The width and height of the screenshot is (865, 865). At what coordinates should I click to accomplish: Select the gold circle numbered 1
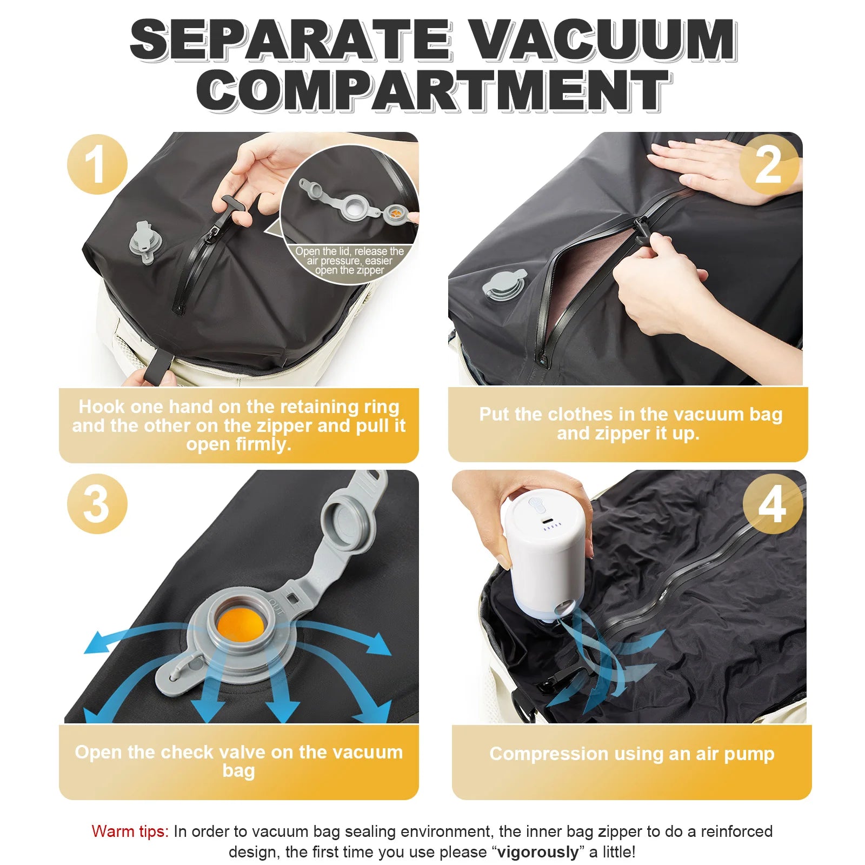point(97,164)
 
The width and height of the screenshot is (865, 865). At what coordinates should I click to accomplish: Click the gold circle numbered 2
point(768,164)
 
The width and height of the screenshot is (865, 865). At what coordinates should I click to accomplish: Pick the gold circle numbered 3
point(97,504)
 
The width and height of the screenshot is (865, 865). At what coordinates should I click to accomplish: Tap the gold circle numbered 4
point(772,504)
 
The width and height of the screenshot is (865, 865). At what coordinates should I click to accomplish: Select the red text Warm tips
point(130,831)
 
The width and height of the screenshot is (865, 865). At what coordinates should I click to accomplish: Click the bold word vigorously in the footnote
point(537,852)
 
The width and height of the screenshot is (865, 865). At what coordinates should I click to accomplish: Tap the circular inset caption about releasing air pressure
point(349,261)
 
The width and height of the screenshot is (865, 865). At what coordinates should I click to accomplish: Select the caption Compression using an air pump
point(631,753)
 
